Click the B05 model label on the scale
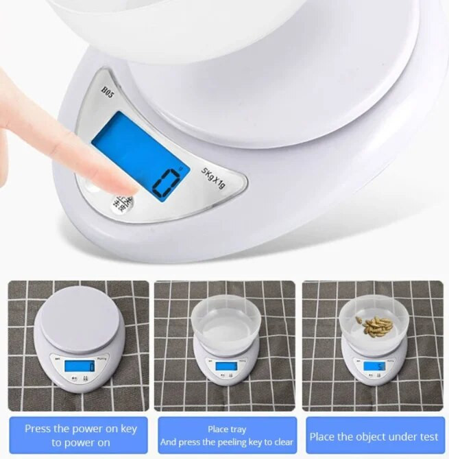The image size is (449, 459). [108, 91]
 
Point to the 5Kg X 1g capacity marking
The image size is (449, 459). [214, 178]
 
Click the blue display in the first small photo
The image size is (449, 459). [80, 366]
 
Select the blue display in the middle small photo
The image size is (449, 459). [226, 366]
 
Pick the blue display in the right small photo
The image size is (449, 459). [374, 366]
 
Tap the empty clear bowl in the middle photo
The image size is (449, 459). [226, 322]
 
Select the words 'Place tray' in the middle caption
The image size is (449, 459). [227, 429]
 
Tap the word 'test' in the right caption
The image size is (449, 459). [428, 436]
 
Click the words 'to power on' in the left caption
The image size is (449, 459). [80, 443]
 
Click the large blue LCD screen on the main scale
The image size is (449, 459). [141, 154]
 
